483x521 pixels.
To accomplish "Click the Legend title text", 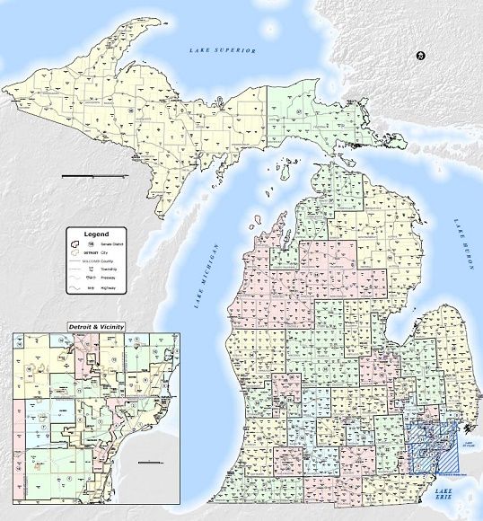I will (96, 234).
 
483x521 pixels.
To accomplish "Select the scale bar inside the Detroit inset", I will (152, 462).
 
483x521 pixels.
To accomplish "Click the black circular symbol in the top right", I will (420, 57).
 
